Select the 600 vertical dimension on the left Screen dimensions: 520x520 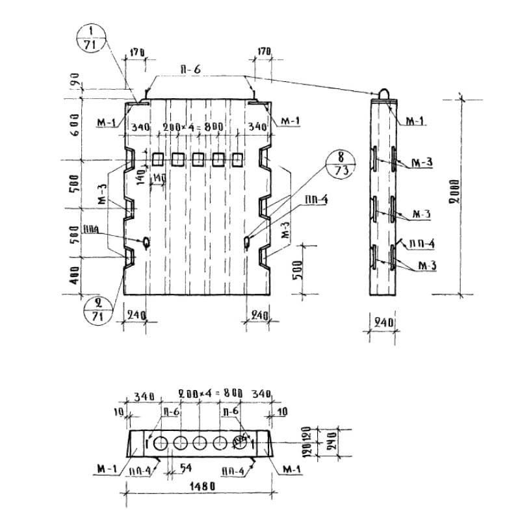(74, 124)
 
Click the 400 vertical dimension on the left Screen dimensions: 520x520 (74, 276)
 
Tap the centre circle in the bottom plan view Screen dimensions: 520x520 (199, 443)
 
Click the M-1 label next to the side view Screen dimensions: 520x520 (414, 122)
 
